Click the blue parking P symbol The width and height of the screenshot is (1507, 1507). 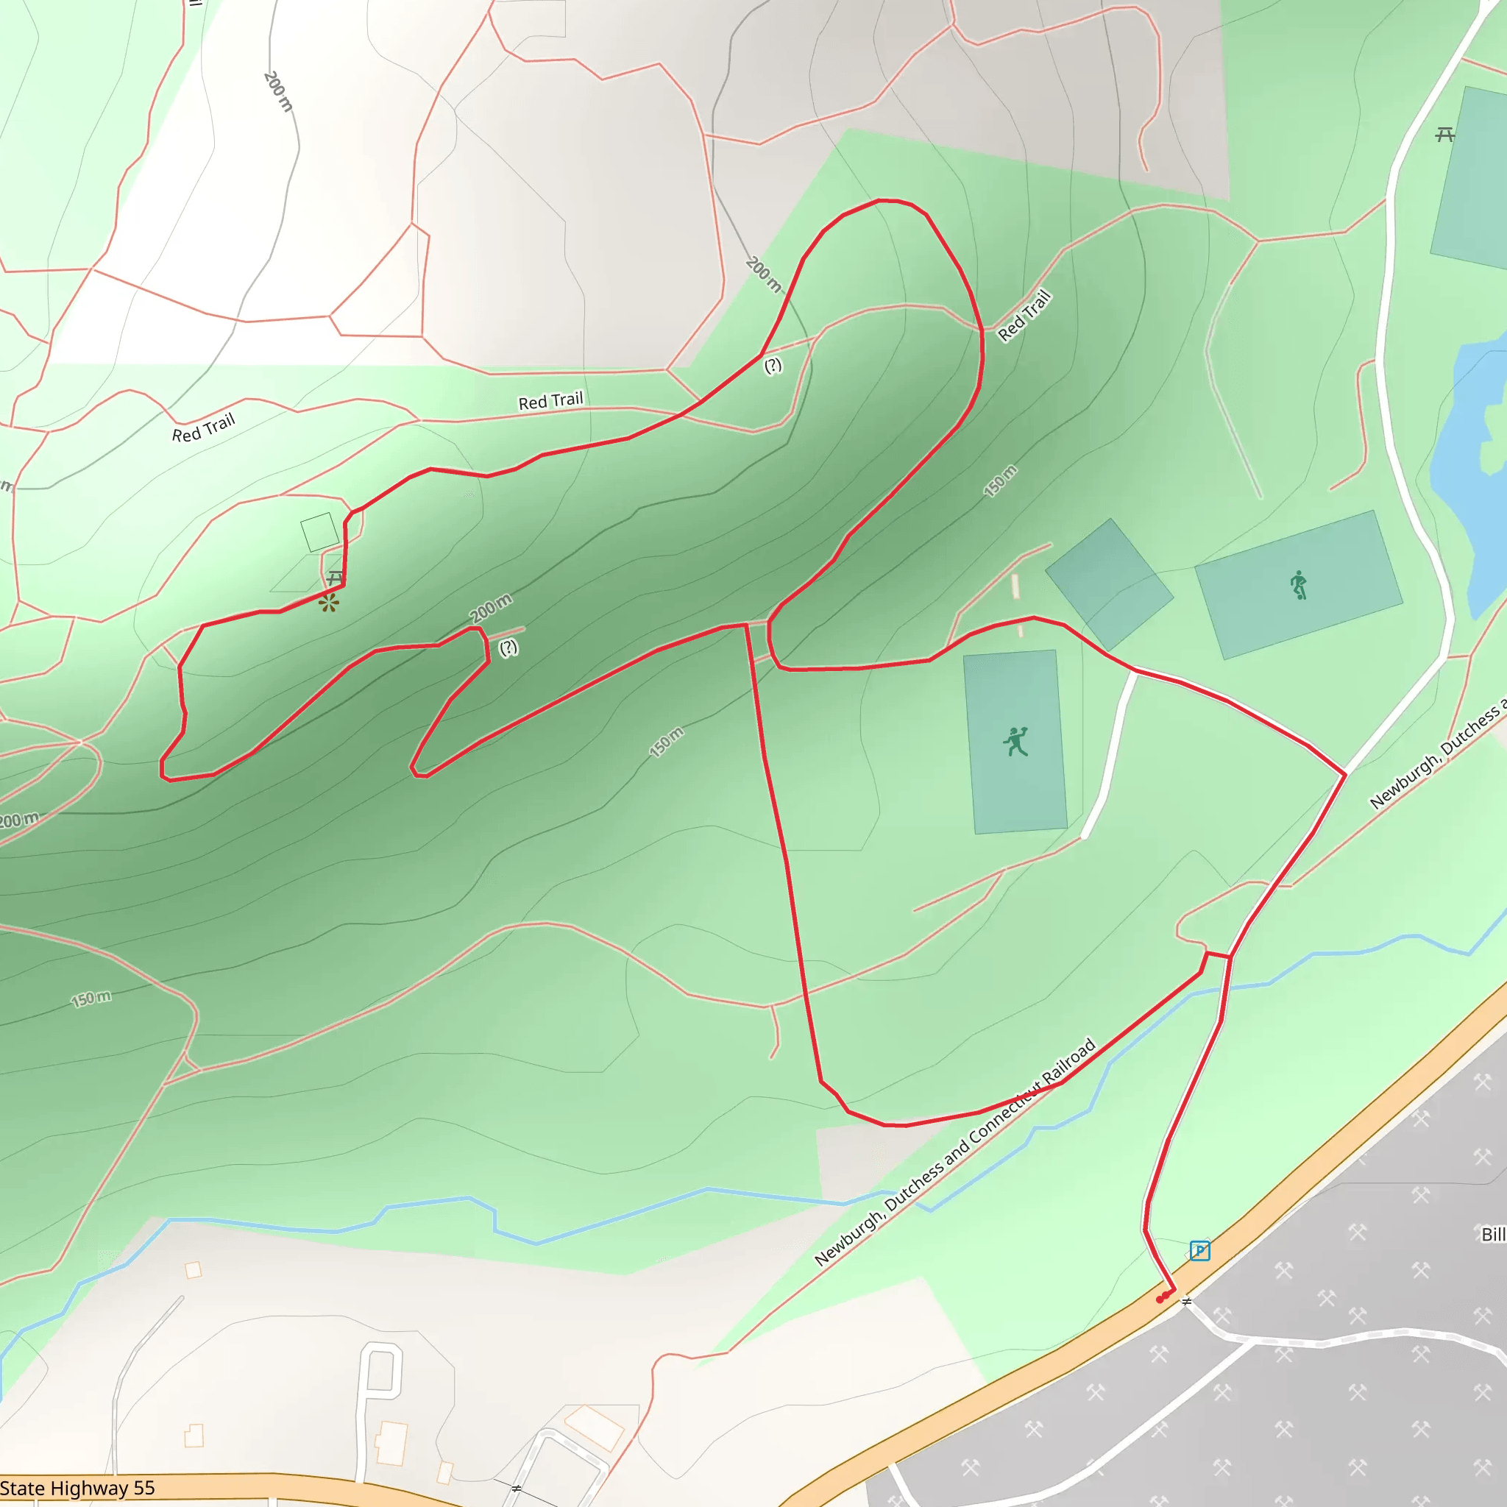point(1199,1251)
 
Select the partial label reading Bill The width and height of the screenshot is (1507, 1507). point(1494,1235)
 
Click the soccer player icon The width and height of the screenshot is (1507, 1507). point(1298,585)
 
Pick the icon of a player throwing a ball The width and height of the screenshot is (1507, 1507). point(1015,742)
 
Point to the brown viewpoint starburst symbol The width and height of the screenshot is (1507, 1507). point(328,603)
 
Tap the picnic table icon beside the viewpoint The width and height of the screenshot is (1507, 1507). point(336,577)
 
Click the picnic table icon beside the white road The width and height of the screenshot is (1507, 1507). point(1444,135)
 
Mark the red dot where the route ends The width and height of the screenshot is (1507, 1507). point(1160,1299)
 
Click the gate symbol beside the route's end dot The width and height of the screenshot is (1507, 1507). point(1186,1301)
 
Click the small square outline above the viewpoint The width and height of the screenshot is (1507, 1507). point(320,532)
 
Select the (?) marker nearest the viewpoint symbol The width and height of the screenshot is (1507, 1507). point(508,647)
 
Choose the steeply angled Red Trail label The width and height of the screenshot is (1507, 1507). point(1025,315)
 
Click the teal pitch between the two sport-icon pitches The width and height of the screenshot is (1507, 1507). point(1109,584)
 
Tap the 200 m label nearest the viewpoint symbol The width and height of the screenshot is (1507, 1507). point(491,608)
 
